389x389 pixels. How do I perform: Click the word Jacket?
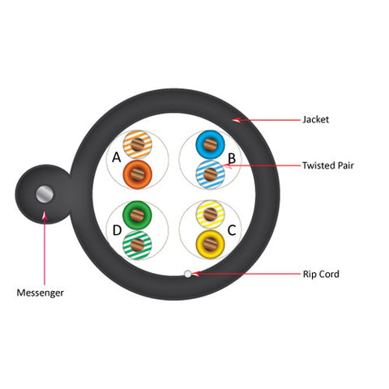(x=315, y=120)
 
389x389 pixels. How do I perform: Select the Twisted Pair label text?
(x=327, y=165)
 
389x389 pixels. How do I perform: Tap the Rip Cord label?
(x=321, y=274)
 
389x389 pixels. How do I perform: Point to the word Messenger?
(x=41, y=293)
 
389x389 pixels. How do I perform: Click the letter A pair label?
(x=117, y=157)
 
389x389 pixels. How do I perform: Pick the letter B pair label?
(x=232, y=158)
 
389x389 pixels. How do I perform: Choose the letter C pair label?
(x=232, y=230)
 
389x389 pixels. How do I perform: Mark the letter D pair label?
(x=117, y=230)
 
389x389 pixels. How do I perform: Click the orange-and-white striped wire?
(x=137, y=144)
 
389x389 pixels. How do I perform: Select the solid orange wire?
(x=137, y=174)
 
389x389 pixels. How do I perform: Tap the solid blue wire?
(x=210, y=144)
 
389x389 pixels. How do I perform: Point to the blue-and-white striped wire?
(x=210, y=174)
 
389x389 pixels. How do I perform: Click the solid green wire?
(x=137, y=215)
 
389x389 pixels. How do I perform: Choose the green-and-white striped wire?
(x=137, y=245)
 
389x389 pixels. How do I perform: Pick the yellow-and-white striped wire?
(x=210, y=215)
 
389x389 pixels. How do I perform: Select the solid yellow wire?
(x=210, y=244)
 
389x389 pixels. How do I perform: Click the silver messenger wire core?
(x=45, y=194)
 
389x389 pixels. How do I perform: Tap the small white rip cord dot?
(x=187, y=274)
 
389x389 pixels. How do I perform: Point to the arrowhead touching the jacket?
(x=237, y=120)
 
